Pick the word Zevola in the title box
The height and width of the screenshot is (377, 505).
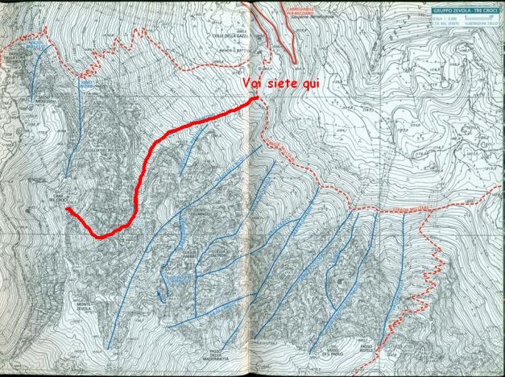(461, 10)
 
